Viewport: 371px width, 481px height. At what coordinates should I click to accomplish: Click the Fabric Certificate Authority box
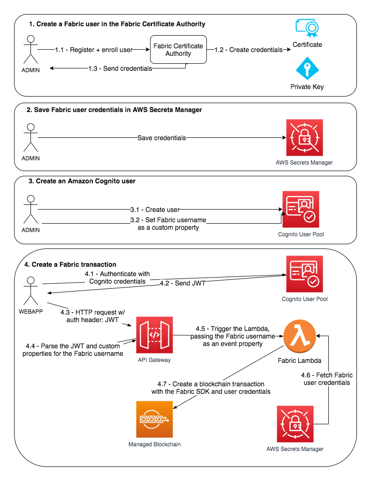(178, 50)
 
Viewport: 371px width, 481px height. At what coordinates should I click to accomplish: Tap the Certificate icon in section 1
(307, 28)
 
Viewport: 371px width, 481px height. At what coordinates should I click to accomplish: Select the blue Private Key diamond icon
(307, 68)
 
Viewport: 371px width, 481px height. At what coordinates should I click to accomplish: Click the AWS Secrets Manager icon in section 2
(304, 138)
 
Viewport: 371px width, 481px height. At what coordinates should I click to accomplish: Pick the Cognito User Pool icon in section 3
(301, 209)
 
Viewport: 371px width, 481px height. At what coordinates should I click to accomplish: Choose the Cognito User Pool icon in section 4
(304, 274)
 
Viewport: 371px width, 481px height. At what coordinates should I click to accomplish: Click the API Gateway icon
(154, 335)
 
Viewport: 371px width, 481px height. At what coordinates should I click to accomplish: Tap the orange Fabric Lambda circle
(300, 336)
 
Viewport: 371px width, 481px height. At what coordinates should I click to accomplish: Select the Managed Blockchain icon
(154, 419)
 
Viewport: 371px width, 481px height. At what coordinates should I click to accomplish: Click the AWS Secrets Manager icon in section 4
(295, 424)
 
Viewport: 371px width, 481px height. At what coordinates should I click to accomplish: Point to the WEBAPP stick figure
(30, 291)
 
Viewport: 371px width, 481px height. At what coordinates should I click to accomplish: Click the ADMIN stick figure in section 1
(30, 50)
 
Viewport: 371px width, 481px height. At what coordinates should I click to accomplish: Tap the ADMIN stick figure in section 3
(30, 209)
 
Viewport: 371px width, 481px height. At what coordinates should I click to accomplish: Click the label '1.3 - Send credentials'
(120, 68)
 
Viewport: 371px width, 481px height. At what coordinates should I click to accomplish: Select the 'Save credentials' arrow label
(162, 138)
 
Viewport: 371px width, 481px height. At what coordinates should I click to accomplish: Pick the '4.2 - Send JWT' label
(182, 283)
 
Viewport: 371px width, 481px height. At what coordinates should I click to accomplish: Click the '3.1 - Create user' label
(155, 210)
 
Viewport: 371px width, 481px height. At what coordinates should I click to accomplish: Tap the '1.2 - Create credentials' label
(249, 50)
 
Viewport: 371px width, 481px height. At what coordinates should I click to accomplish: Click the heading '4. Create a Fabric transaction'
(70, 264)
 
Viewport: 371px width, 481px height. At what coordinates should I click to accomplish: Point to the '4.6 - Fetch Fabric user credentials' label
(327, 379)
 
